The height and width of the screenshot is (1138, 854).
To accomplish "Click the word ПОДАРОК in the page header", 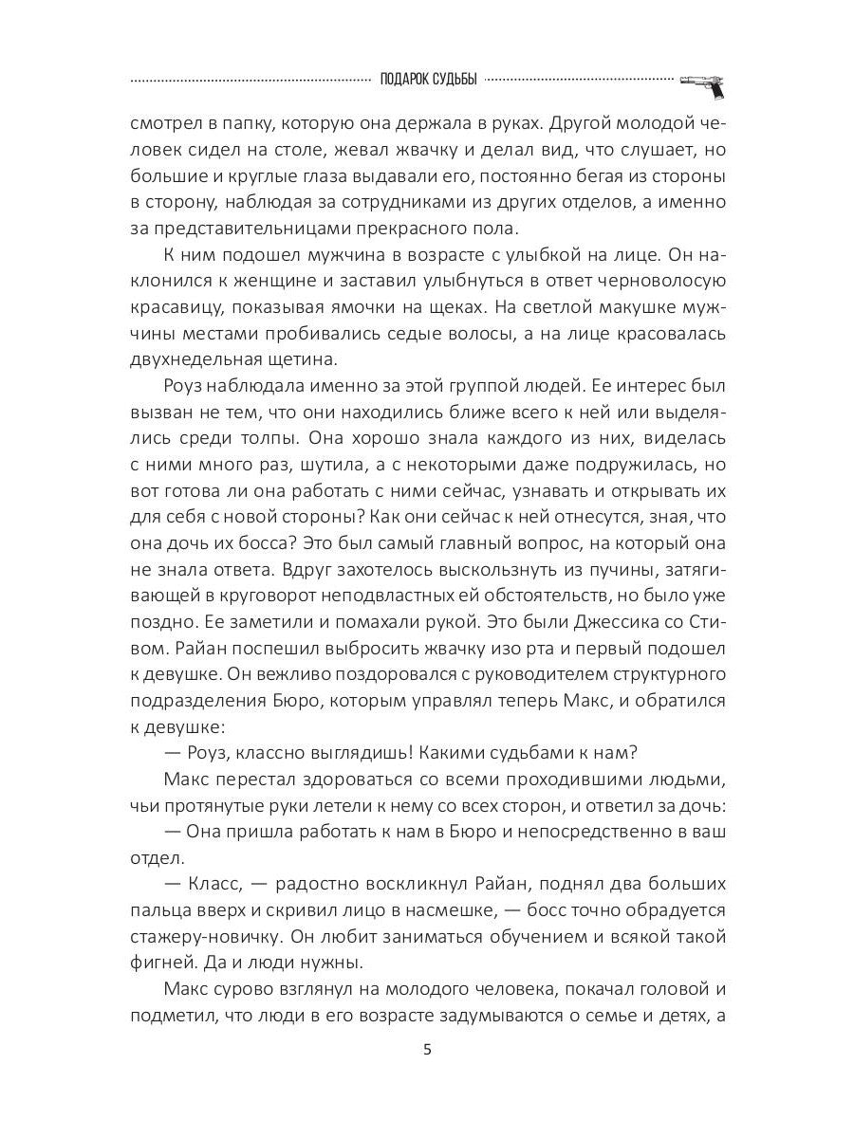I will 406,81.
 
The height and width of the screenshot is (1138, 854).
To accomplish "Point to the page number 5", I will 427,1049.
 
